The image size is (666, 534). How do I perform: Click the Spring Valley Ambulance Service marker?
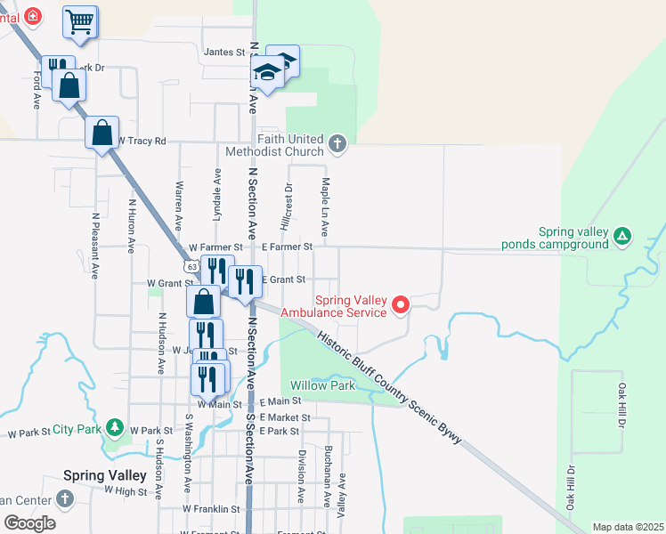pyautogui.click(x=400, y=306)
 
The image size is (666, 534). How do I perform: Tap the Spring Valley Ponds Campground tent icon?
pyautogui.click(x=623, y=236)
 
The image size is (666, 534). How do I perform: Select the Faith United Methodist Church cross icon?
pyautogui.click(x=337, y=142)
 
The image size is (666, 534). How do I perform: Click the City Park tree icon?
pyautogui.click(x=114, y=429)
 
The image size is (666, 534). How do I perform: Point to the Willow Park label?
pyautogui.click(x=322, y=385)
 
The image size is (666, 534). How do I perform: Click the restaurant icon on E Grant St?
pyautogui.click(x=245, y=281)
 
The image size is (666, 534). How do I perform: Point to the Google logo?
pyautogui.click(x=28, y=523)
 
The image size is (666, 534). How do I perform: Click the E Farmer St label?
pyautogui.click(x=286, y=247)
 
